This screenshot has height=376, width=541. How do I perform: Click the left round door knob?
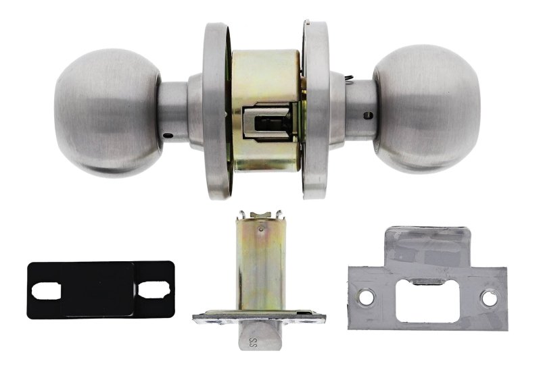pos(108,113)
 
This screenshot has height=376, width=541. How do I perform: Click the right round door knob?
pos(427,109)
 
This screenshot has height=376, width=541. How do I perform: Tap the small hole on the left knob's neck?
pos(167,135)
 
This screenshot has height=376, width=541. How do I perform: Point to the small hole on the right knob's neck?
pos(368,115)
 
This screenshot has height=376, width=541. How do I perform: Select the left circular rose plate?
pos(216,111)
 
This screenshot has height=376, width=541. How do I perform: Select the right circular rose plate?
pos(316,110)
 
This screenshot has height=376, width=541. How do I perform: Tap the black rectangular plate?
pos(101,290)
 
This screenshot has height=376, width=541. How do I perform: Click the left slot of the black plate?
pos(46,292)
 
